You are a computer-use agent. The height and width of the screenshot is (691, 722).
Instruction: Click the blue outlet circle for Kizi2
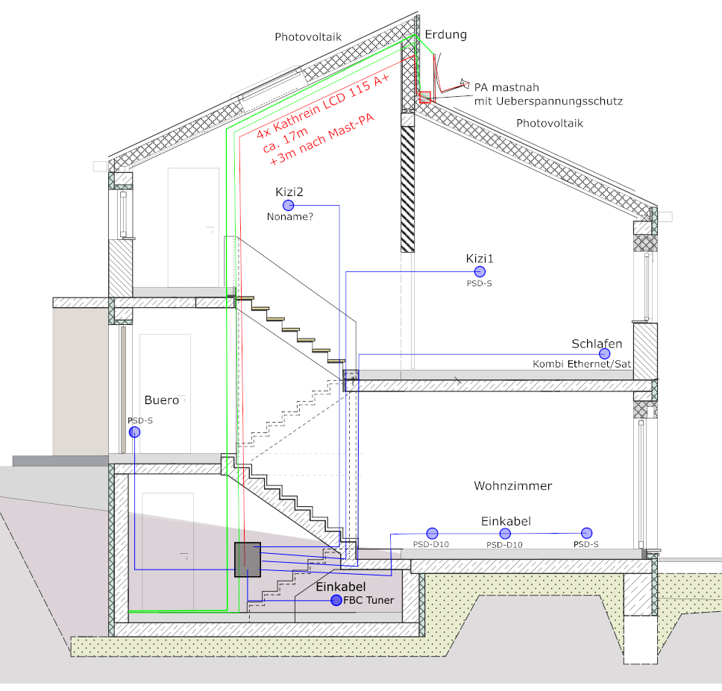coord(288,205)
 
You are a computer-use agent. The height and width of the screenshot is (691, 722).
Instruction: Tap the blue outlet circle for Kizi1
coord(480,272)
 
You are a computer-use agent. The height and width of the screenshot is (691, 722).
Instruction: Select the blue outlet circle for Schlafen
coord(604,353)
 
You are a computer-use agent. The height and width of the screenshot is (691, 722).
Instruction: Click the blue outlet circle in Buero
coord(134,432)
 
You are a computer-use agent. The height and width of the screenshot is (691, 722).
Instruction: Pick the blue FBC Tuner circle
coord(336,600)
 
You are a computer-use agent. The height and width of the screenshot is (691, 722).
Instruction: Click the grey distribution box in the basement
coord(247,559)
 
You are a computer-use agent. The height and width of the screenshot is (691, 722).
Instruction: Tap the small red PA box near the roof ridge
coord(425,97)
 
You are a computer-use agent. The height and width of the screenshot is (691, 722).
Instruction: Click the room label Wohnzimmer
coord(513,486)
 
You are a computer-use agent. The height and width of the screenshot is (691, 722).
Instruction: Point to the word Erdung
coord(446,35)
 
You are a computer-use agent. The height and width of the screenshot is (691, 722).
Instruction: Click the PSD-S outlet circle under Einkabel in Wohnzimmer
coord(586,533)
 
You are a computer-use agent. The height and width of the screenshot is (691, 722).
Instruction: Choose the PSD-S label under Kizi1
coord(480,284)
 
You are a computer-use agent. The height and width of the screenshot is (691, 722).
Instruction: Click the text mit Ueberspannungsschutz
coord(548,100)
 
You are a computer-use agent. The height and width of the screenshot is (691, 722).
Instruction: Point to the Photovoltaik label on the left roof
coord(307,37)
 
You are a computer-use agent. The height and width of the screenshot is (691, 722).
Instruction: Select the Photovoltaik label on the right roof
coord(550,123)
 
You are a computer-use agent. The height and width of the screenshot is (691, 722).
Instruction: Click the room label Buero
coord(162,400)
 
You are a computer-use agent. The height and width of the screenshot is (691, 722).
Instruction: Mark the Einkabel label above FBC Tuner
coord(342,587)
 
